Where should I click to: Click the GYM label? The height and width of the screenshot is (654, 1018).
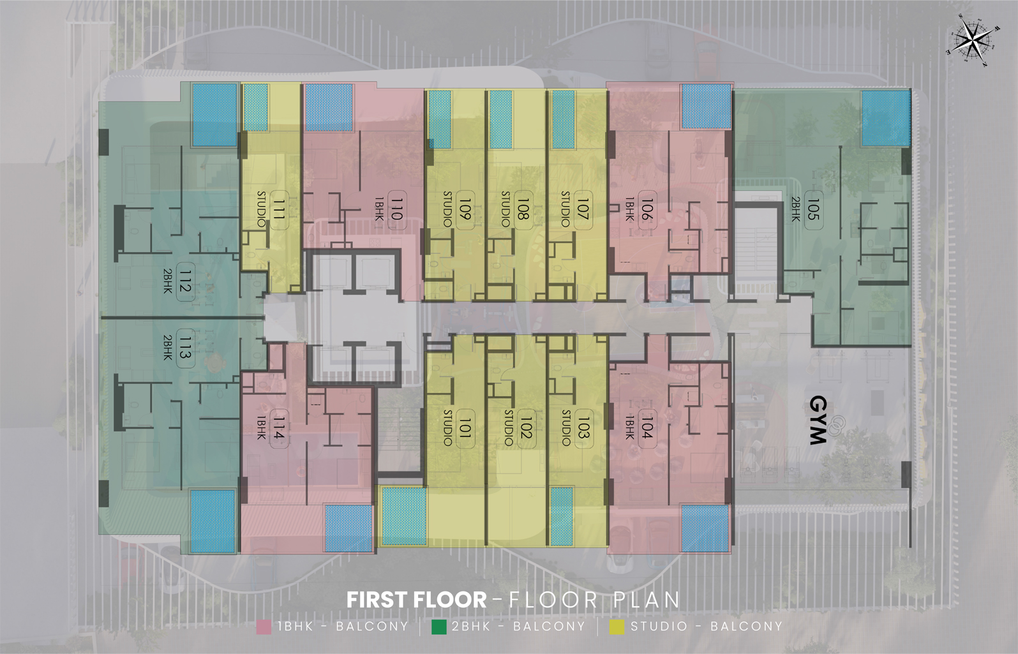tap(818, 421)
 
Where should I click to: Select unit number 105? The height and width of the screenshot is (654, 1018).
tap(813, 209)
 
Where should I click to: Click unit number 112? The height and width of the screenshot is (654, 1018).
tap(185, 282)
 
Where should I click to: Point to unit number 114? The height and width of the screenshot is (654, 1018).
tap(279, 428)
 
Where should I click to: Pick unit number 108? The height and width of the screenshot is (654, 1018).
tap(523, 209)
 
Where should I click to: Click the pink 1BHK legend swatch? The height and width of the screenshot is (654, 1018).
tap(264, 627)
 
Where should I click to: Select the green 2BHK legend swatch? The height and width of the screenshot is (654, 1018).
tap(438, 627)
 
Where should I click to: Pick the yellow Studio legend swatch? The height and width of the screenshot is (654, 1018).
tap(617, 627)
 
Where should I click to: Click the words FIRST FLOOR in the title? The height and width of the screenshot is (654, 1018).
tap(416, 600)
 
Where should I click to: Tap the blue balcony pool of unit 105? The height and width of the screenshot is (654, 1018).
tap(886, 118)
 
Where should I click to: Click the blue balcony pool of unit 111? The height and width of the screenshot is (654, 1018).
tap(256, 108)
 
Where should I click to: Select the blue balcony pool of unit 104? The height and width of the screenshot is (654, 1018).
tap(705, 528)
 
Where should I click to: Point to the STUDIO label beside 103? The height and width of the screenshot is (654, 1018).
tap(566, 427)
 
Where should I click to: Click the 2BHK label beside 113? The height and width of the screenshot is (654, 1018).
tap(167, 348)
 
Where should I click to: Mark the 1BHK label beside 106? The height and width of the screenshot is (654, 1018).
tap(629, 209)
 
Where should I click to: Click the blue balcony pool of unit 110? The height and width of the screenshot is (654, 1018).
tap(329, 108)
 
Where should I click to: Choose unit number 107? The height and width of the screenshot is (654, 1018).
tap(583, 209)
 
